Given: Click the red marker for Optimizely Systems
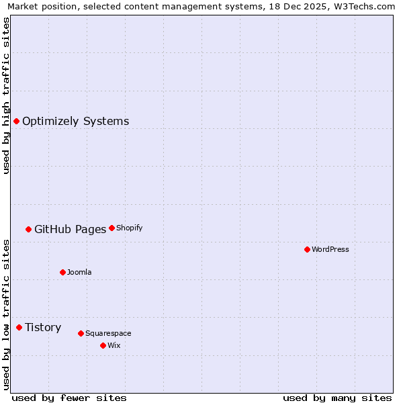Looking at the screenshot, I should coord(16,121).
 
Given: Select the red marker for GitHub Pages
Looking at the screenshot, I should coord(28,229).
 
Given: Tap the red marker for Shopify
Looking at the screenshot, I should coord(111,228).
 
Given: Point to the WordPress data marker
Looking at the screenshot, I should coord(307,249).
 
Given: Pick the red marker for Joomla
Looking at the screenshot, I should coord(62,272).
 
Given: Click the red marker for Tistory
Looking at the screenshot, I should coord(19,327).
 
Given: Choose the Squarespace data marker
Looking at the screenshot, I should coord(81,333).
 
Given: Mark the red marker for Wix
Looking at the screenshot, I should coord(103,345).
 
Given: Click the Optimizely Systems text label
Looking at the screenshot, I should coord(75,122).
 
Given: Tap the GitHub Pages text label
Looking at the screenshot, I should coord(70,230).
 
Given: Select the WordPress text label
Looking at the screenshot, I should coord(330,250).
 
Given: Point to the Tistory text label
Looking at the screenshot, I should coord(43,328).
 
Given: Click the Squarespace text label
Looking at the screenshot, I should coord(108,334).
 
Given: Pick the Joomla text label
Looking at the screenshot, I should coord(79,273).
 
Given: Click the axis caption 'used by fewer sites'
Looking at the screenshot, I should coord(69,398).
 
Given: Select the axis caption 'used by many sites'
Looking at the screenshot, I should coord(337,398).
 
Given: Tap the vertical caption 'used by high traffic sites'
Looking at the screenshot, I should coord(6,95).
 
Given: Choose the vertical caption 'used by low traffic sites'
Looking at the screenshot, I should coord(6,314).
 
